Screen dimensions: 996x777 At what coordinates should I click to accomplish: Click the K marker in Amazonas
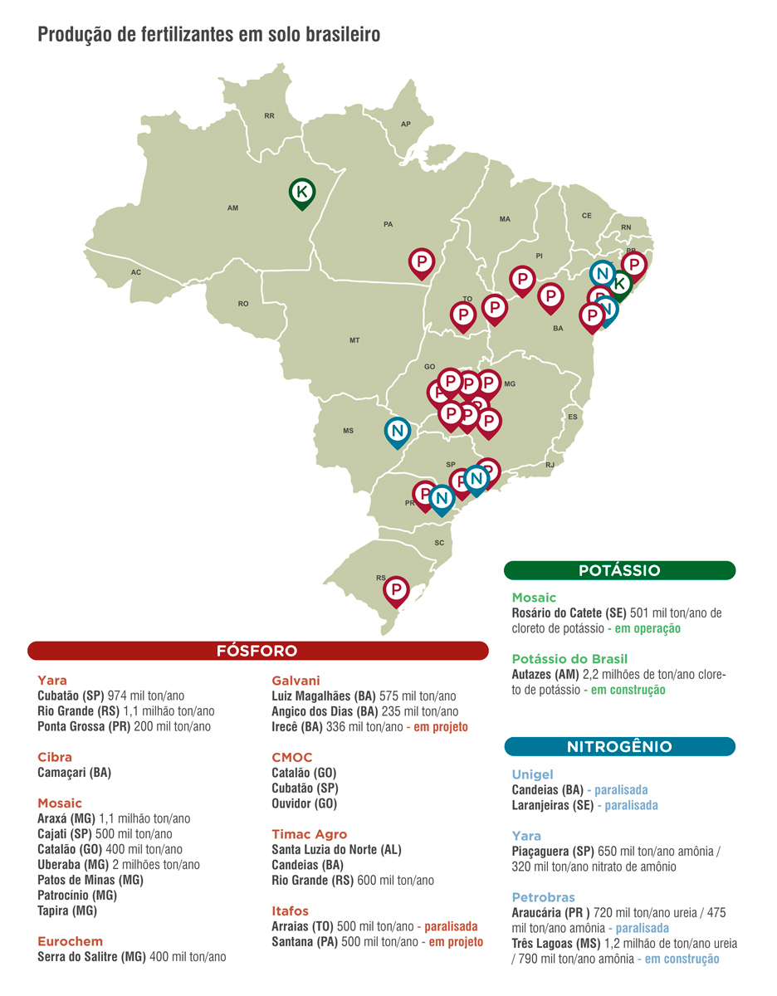pyautogui.click(x=302, y=192)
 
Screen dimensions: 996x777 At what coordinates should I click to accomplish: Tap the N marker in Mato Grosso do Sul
pyautogui.click(x=398, y=431)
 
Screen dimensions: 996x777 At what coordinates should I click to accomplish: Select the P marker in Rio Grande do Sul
pyautogui.click(x=397, y=589)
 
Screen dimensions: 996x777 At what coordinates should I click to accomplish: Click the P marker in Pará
pyautogui.click(x=423, y=262)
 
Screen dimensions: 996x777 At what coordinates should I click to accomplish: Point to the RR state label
pyautogui.click(x=269, y=116)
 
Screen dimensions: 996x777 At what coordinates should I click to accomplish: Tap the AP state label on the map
pyautogui.click(x=406, y=124)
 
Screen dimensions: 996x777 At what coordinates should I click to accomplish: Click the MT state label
pyautogui.click(x=354, y=340)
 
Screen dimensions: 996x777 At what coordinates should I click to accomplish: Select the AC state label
pyautogui.click(x=136, y=272)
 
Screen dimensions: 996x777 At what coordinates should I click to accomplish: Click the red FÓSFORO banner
pyautogui.click(x=257, y=651)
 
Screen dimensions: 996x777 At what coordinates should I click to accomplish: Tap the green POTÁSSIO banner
pyautogui.click(x=619, y=570)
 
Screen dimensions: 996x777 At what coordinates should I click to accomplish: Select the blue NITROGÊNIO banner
pyautogui.click(x=619, y=746)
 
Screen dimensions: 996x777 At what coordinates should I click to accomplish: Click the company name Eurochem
pyautogui.click(x=71, y=940)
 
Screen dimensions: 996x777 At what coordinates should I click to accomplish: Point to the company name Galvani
pyautogui.click(x=296, y=681)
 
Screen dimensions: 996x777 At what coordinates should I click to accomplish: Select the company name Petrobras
pyautogui.click(x=543, y=897)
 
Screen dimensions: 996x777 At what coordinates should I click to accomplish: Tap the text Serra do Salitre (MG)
pyautogui.click(x=91, y=956)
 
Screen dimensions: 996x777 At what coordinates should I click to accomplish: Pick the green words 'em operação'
pyautogui.click(x=647, y=628)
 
